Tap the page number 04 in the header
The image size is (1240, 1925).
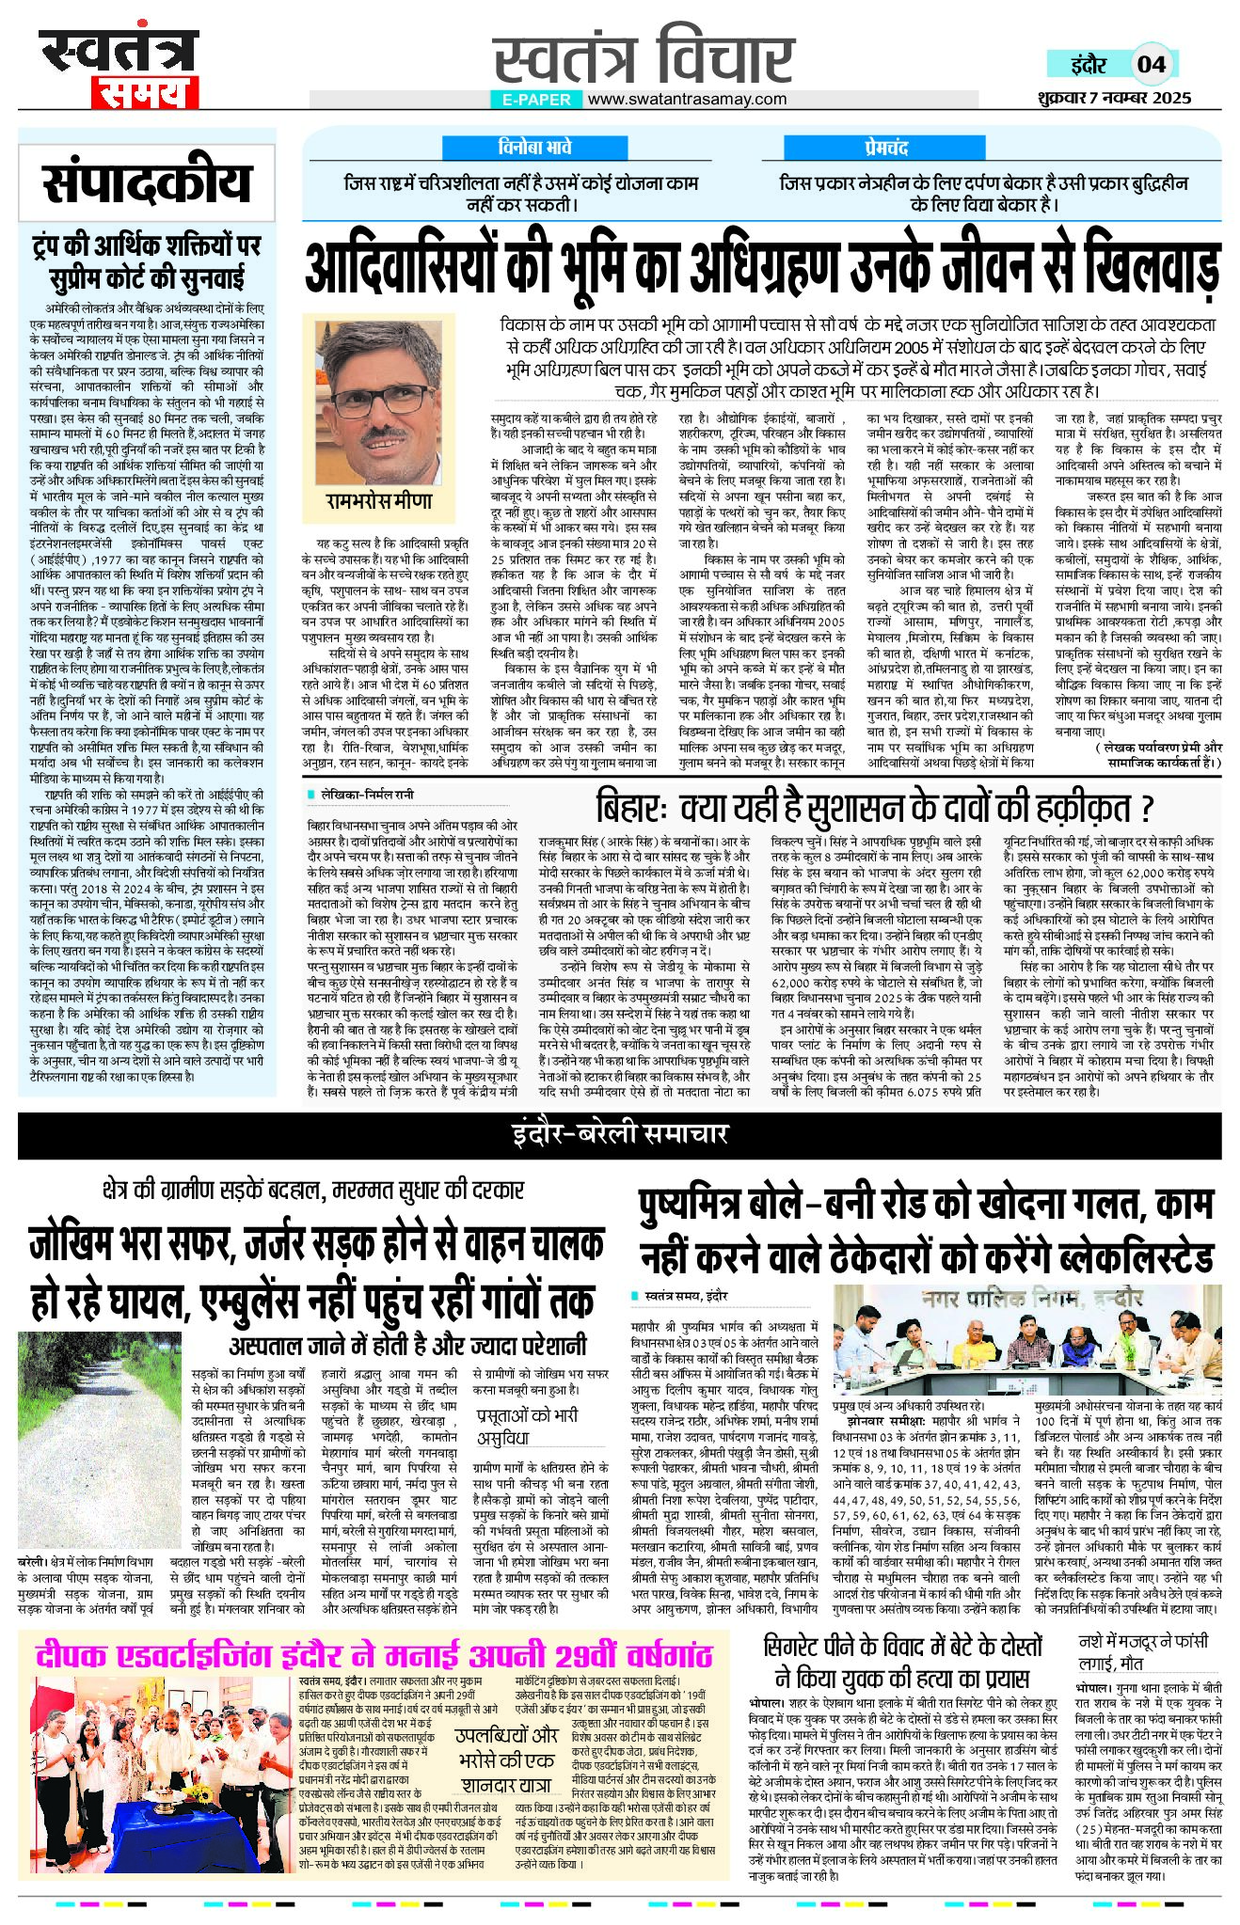point(1152,64)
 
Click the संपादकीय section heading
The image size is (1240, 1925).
point(146,182)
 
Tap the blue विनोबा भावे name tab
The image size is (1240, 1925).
point(535,148)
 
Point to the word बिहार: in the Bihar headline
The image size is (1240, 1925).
point(630,807)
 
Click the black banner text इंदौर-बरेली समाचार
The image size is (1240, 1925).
point(620,1133)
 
